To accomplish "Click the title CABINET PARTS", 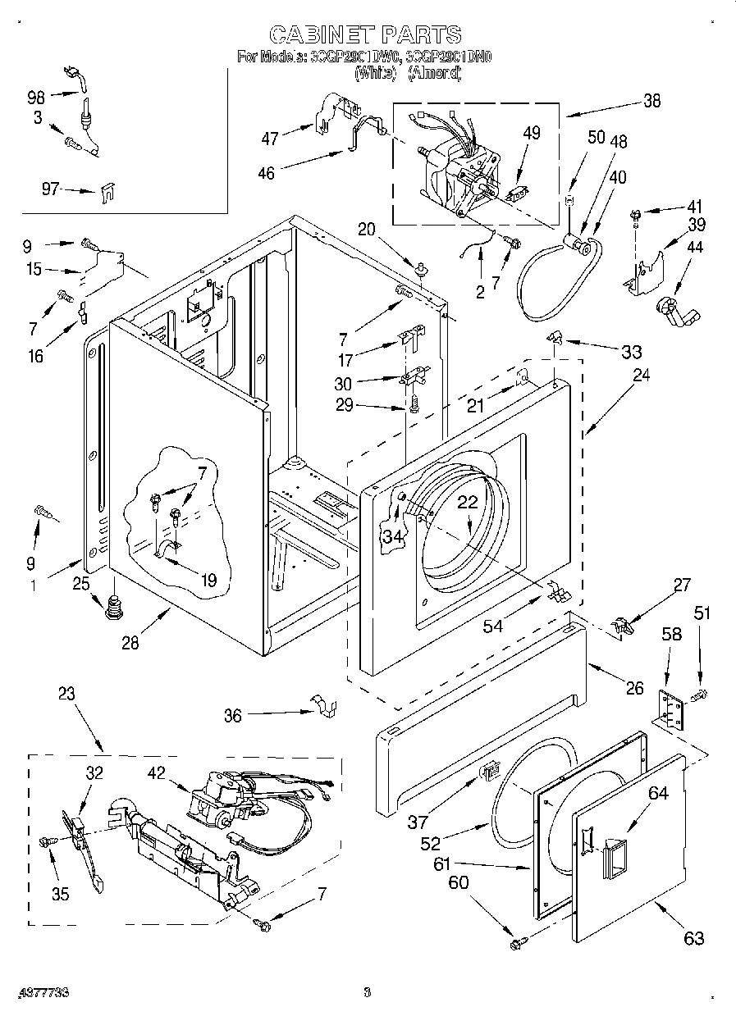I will tap(366, 34).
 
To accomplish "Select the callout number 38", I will tap(651, 102).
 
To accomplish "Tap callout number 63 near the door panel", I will tap(694, 938).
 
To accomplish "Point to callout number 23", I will tap(66, 693).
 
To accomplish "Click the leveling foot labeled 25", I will tap(113, 608).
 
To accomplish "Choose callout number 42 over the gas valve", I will tap(157, 772).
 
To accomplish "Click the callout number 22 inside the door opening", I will tap(467, 503).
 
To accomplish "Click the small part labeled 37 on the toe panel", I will tap(488, 770).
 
